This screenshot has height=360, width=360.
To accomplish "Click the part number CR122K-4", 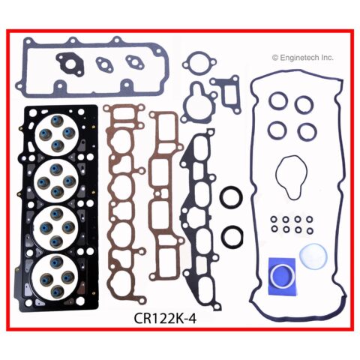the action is click(x=165, y=319).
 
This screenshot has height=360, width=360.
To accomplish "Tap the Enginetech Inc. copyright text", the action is click(x=303, y=58).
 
